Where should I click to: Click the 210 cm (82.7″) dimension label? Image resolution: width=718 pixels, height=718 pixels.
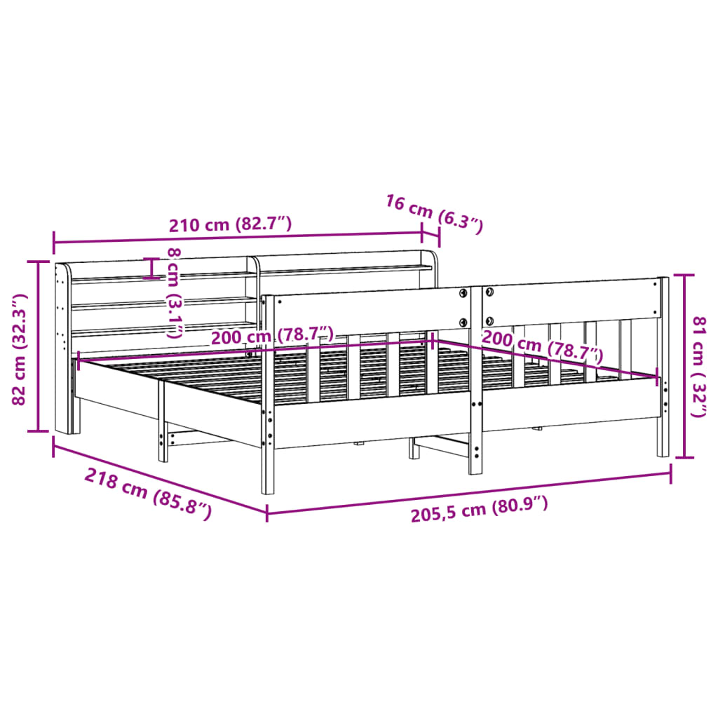tap(229, 224)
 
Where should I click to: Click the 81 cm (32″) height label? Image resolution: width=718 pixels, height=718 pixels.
tap(698, 366)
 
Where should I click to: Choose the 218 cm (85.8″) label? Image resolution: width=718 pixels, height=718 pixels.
tap(148, 494)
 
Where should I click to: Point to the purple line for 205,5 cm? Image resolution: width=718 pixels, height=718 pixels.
tap(468, 494)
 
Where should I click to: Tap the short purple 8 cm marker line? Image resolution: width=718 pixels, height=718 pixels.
tap(151, 268)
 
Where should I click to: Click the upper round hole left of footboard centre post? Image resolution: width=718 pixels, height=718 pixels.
tap(463, 292)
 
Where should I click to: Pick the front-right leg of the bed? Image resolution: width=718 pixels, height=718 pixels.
tap(663, 435)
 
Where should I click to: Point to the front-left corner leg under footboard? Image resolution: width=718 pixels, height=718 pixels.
tap(268, 456)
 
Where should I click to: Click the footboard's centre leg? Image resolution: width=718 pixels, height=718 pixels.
tap(476, 435)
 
